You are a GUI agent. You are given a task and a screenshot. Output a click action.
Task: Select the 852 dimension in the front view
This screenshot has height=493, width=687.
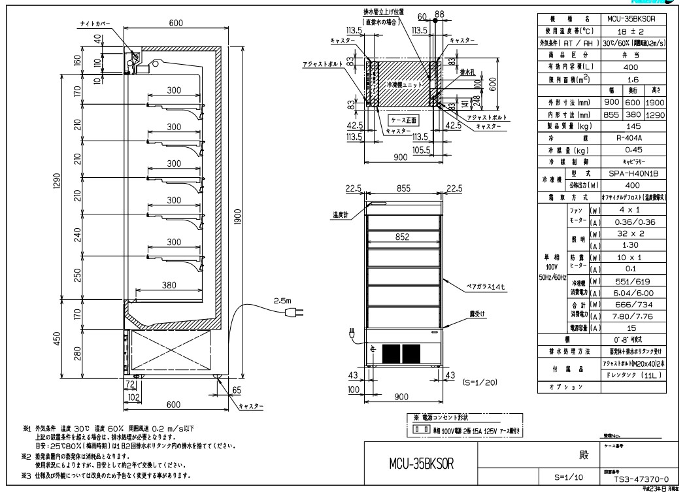tap(401, 239)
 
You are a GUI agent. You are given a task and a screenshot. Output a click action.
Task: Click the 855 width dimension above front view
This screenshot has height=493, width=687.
tap(401, 188)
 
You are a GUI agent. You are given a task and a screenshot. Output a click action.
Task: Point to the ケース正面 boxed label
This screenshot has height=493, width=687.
tap(403, 120)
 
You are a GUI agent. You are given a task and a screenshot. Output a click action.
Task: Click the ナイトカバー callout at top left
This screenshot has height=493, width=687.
tap(94, 23)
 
